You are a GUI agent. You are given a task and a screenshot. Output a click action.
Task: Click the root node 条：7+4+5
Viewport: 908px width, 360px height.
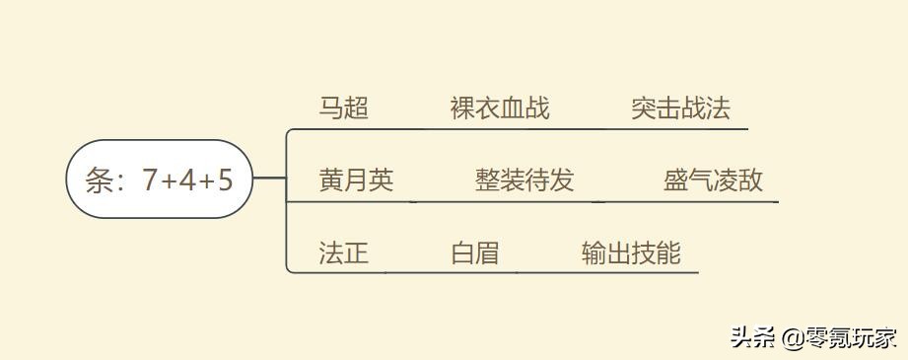(160, 180)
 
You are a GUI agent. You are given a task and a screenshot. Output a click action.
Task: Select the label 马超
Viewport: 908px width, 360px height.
(344, 108)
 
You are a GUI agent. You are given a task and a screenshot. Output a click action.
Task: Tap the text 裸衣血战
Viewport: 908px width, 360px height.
(500, 108)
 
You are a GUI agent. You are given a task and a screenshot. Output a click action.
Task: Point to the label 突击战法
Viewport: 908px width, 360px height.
(681, 108)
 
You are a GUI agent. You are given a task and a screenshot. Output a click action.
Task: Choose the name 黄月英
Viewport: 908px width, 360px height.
(356, 180)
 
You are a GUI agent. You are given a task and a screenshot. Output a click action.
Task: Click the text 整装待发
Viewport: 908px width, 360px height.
(524, 180)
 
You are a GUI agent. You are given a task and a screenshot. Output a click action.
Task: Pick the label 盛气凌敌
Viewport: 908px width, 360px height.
(713, 180)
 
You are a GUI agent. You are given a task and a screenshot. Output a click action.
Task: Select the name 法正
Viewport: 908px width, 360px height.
(344, 252)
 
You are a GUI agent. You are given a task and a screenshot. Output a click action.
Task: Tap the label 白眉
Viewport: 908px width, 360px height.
(475, 252)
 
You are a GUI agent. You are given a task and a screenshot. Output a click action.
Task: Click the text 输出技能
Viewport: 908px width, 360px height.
(631, 252)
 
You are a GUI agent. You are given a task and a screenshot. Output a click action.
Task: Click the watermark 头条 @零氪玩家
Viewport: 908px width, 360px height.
(813, 337)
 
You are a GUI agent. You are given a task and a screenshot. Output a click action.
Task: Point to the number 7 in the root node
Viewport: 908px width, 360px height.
(150, 180)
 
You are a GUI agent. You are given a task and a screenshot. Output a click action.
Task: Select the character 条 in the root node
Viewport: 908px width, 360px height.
(100, 180)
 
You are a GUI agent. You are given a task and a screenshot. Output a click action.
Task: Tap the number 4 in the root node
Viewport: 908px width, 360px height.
(187, 180)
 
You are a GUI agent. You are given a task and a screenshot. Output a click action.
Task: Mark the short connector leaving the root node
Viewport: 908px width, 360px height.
(269, 180)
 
